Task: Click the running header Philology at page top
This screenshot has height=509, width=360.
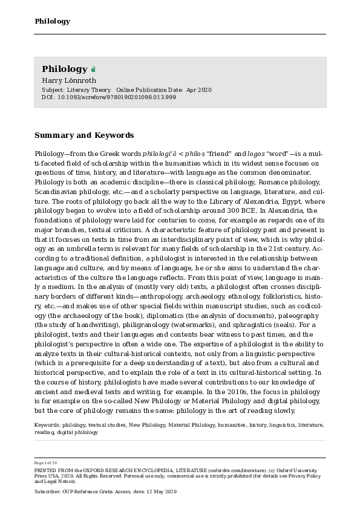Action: [x=52, y=22]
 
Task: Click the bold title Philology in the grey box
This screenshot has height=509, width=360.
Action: [x=65, y=69]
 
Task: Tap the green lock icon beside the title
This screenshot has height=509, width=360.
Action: [x=93, y=70]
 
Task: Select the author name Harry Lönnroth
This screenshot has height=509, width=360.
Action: [x=68, y=80]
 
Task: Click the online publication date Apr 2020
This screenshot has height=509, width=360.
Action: [x=199, y=89]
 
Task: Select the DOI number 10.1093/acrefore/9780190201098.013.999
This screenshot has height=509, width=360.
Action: [x=117, y=97]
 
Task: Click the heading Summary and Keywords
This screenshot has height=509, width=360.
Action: [x=84, y=135]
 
